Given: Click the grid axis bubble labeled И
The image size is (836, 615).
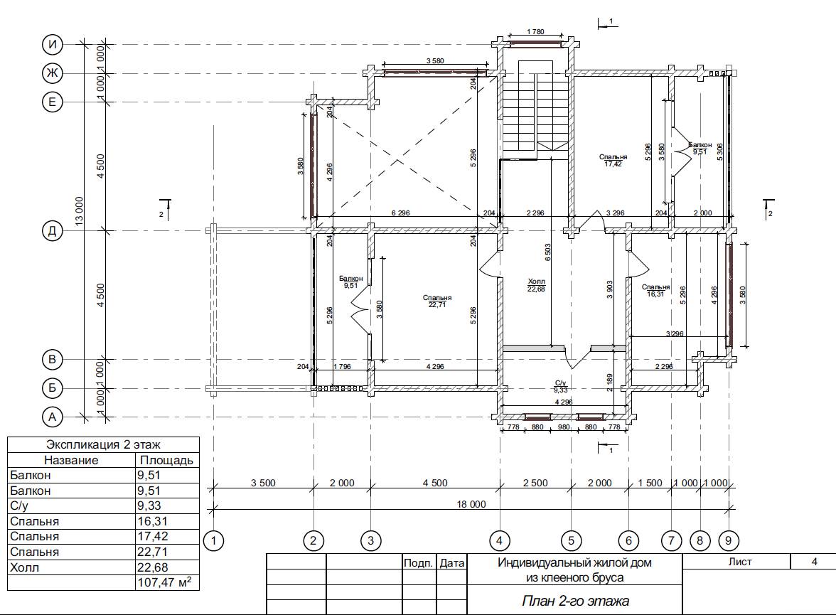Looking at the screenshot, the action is click(53, 44).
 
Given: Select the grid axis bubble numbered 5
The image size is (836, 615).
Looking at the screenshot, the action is click(571, 541).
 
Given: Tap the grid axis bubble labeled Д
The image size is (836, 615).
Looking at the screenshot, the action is click(53, 231).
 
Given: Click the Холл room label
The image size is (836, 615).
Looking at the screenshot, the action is click(536, 285).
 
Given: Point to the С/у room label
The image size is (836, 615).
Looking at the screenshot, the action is click(560, 386).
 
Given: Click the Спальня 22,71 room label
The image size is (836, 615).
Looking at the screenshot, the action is click(437, 301).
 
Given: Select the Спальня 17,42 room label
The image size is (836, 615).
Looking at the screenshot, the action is click(613, 160).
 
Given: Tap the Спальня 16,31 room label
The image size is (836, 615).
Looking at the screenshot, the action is click(655, 290).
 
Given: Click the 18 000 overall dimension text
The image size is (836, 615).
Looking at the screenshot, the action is click(471, 504).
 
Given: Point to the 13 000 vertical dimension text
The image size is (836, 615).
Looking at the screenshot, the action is click(79, 211).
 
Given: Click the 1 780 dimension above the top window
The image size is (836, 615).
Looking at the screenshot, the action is click(535, 31).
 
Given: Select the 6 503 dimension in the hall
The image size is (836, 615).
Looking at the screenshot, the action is click(548, 252).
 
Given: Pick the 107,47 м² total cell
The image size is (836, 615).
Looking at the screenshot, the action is click(164, 582).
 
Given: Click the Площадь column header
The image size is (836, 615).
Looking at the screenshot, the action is click(166, 460).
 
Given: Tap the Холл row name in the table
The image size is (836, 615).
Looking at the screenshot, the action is click(24, 567).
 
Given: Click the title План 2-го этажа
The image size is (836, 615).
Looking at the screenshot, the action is click(575, 601).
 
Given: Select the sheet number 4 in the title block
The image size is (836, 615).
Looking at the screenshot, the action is click(814, 562).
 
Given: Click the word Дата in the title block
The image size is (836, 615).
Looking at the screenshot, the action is click(452, 562).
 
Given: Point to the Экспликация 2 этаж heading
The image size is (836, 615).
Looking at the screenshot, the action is click(104, 445).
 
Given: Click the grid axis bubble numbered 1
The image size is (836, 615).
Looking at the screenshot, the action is click(214, 541).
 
